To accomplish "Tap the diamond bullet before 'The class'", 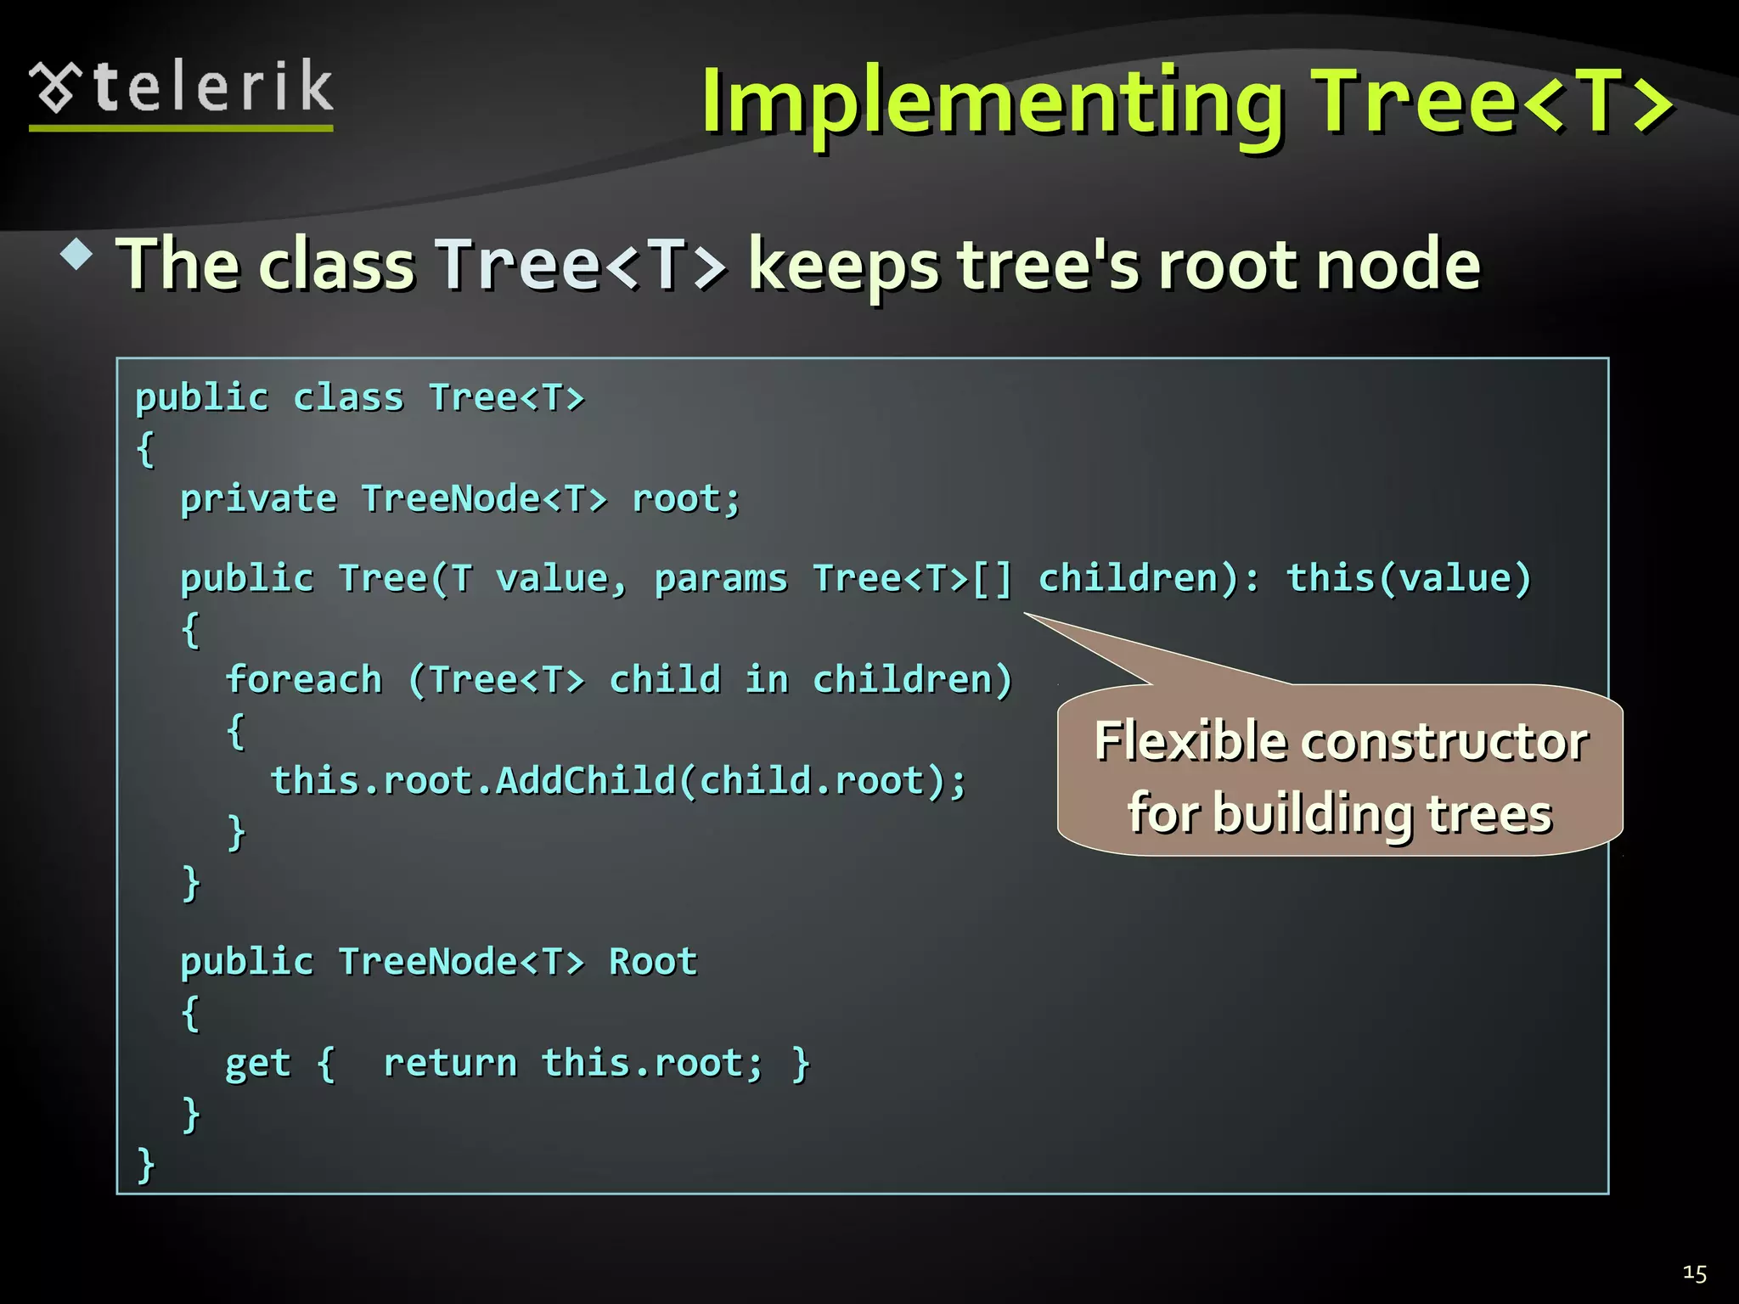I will (77, 255).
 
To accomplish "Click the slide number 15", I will (1694, 1273).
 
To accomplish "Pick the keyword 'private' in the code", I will (258, 499).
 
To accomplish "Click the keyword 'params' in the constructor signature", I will (721, 579).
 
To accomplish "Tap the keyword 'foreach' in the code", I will (304, 680).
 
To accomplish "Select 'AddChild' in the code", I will (585, 781).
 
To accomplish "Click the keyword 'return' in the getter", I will (450, 1063).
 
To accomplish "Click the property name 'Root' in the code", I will (653, 962).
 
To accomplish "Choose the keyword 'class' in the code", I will (348, 398).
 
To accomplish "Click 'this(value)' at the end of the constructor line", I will (1409, 579).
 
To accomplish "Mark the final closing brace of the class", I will (146, 1164).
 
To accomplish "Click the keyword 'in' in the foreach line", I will (767, 680).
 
